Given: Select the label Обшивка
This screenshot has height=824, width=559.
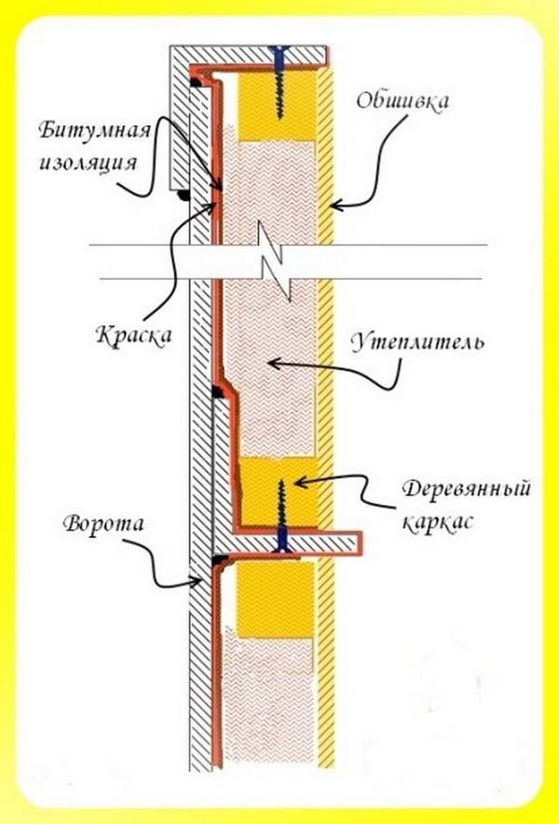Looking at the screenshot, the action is click(x=402, y=101).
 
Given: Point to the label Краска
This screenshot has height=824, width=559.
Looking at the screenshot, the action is click(x=134, y=335).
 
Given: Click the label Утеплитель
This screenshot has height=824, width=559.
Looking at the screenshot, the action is click(x=417, y=342).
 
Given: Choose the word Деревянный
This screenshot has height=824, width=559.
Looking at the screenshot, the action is click(x=466, y=489).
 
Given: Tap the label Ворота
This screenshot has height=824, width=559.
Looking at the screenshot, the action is click(x=102, y=524).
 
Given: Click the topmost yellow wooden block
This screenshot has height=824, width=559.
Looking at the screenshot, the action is click(x=278, y=106).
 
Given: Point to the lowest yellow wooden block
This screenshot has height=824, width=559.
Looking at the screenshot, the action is click(x=275, y=599).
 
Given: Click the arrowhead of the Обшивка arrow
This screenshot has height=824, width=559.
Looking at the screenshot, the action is click(x=335, y=204).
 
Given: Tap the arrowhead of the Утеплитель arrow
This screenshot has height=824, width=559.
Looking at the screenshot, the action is click(x=273, y=363).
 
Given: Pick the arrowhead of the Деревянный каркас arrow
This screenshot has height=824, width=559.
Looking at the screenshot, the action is click(x=298, y=482).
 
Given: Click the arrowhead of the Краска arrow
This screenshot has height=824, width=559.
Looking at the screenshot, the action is click(x=214, y=208).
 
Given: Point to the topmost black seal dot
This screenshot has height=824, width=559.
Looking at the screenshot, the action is click(x=196, y=82).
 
